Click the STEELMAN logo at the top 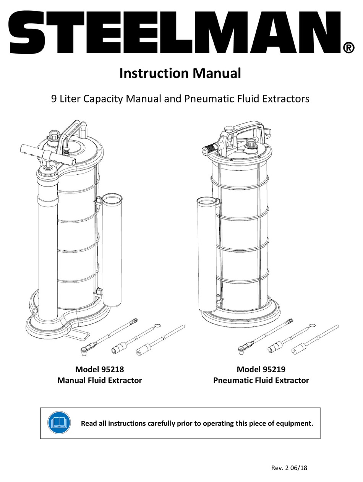tap(174, 33)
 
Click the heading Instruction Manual tap(180, 73)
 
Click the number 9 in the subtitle tap(54, 99)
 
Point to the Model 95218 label tap(99, 369)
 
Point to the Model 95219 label tap(261, 369)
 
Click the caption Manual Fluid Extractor tap(99, 380)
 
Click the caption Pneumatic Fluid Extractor tap(261, 380)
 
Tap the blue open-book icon tap(59, 423)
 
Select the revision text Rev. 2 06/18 tap(289, 467)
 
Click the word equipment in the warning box tap(294, 423)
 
